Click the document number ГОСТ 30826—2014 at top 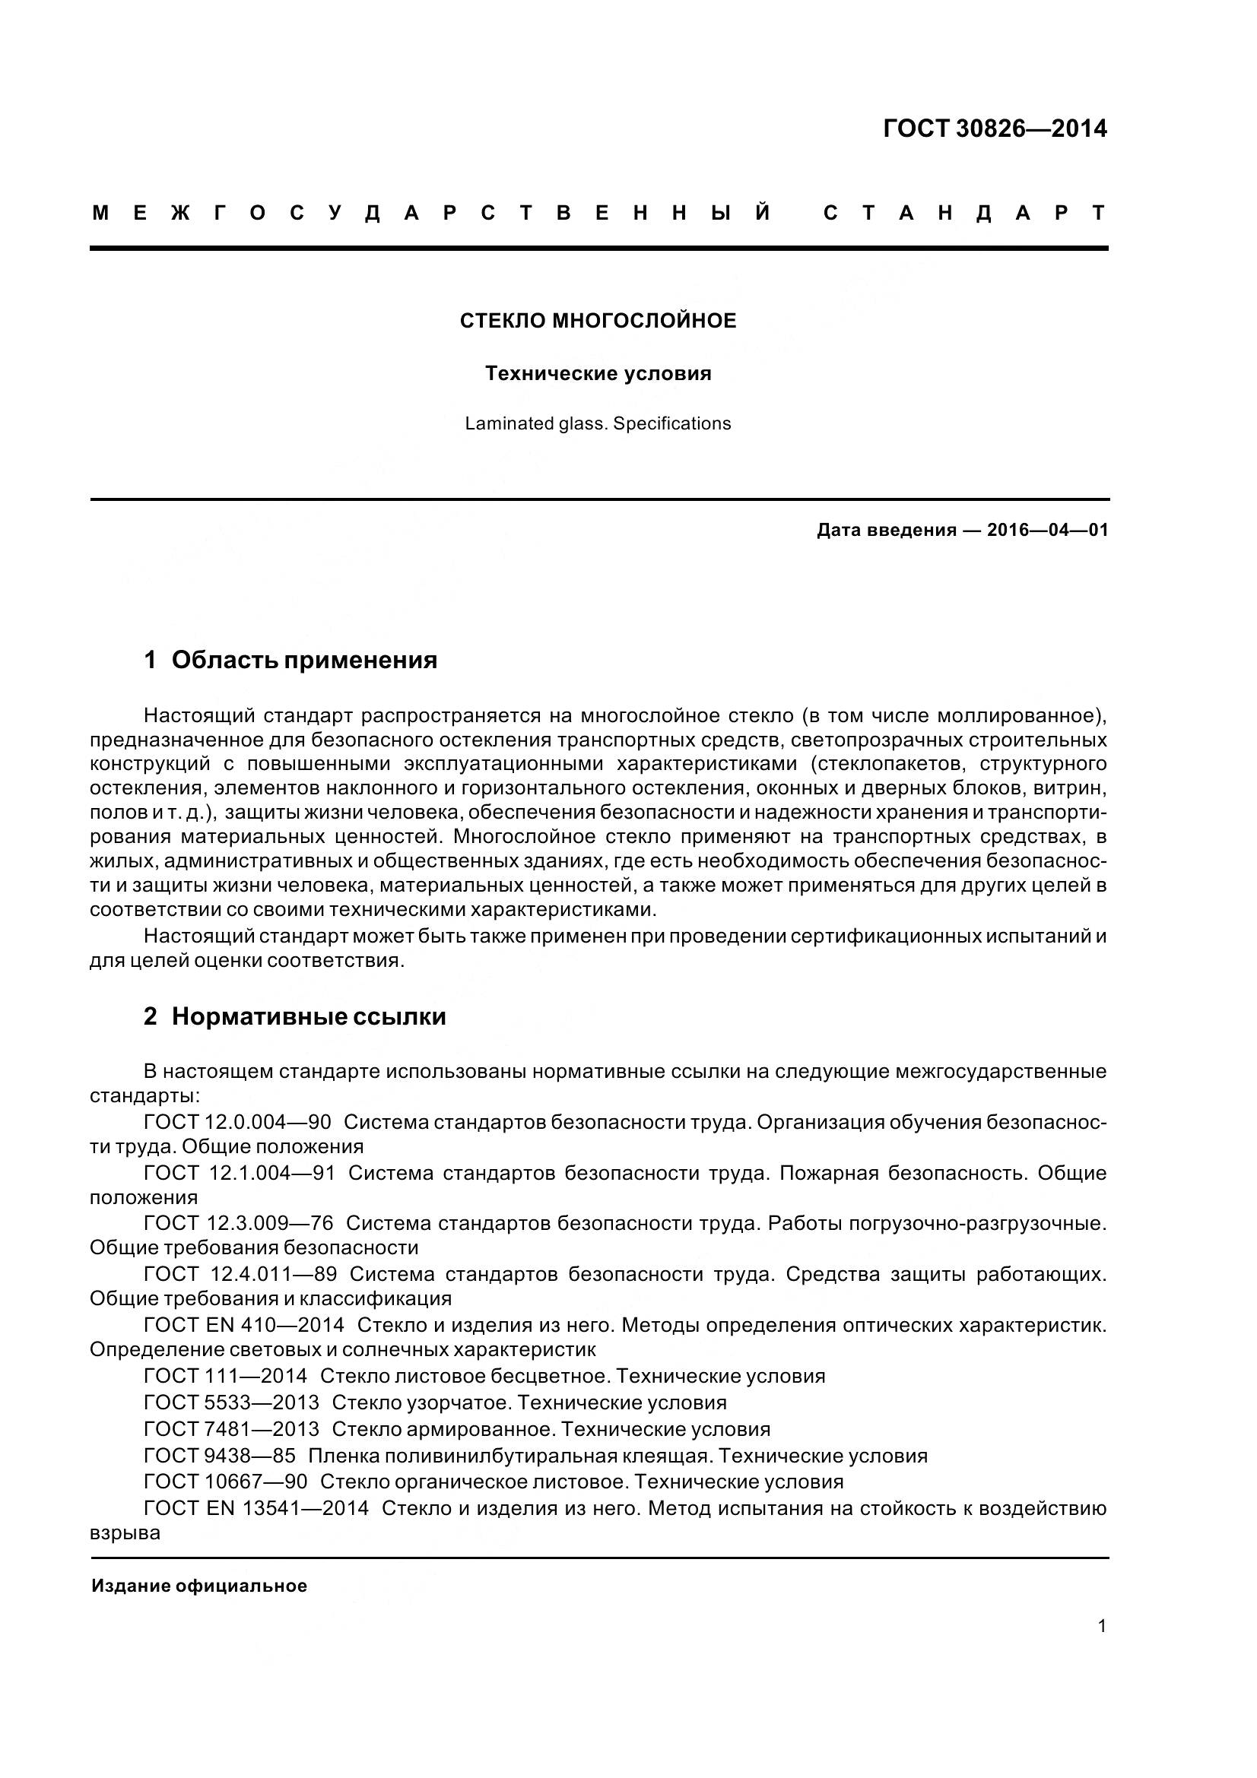click(x=995, y=128)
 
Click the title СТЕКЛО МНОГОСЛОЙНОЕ click(x=598, y=321)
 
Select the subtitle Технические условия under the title click(x=598, y=373)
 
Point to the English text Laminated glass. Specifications click(x=597, y=423)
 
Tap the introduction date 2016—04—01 click(x=1047, y=530)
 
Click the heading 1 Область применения click(x=290, y=660)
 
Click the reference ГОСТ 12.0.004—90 click(x=237, y=1121)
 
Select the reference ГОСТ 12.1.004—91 click(x=240, y=1172)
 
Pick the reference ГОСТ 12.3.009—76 click(x=239, y=1223)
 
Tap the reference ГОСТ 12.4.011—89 click(x=240, y=1274)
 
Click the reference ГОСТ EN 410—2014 click(x=244, y=1325)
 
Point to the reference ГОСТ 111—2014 click(x=225, y=1376)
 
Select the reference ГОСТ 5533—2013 click(x=232, y=1402)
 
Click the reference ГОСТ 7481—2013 click(x=232, y=1429)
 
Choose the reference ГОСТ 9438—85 click(x=220, y=1456)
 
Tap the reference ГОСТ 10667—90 click(x=225, y=1482)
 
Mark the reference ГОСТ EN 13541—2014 click(x=256, y=1508)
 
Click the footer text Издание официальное click(x=199, y=1586)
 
